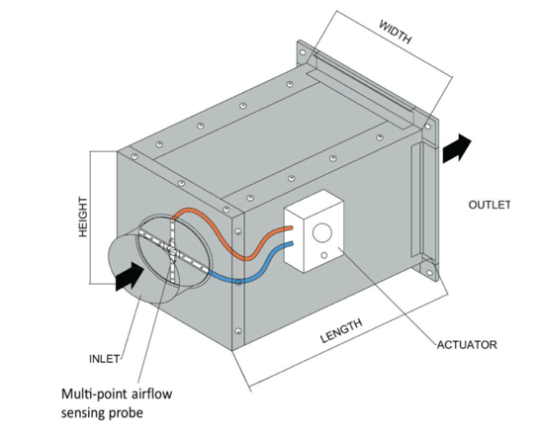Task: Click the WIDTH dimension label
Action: click(396, 32)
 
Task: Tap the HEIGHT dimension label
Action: click(83, 217)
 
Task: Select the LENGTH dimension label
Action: click(341, 331)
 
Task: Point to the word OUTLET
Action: click(489, 205)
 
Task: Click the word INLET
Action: click(105, 359)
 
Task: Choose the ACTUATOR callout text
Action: click(467, 345)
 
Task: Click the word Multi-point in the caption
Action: click(93, 395)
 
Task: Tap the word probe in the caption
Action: click(126, 413)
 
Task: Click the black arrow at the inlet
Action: click(130, 276)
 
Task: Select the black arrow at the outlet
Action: click(457, 148)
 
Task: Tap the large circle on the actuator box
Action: click(322, 232)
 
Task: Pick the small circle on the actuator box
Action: click(323, 255)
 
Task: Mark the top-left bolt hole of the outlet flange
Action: click(303, 52)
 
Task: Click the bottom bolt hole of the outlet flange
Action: click(429, 273)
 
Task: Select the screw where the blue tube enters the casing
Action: click(238, 283)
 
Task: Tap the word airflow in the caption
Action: click(151, 394)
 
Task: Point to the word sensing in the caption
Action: click(83, 413)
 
